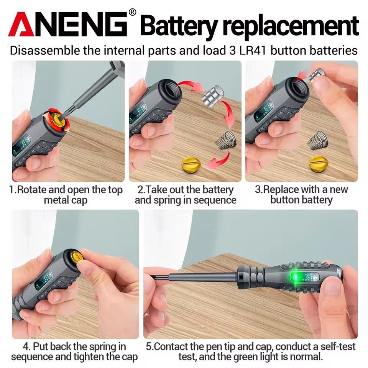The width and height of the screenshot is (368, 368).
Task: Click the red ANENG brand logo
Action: (x=68, y=24)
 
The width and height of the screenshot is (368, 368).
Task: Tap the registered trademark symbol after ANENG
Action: (x=133, y=12)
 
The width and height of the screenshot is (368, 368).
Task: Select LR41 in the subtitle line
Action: (x=250, y=51)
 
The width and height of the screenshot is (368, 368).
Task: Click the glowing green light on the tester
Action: (x=296, y=277)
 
